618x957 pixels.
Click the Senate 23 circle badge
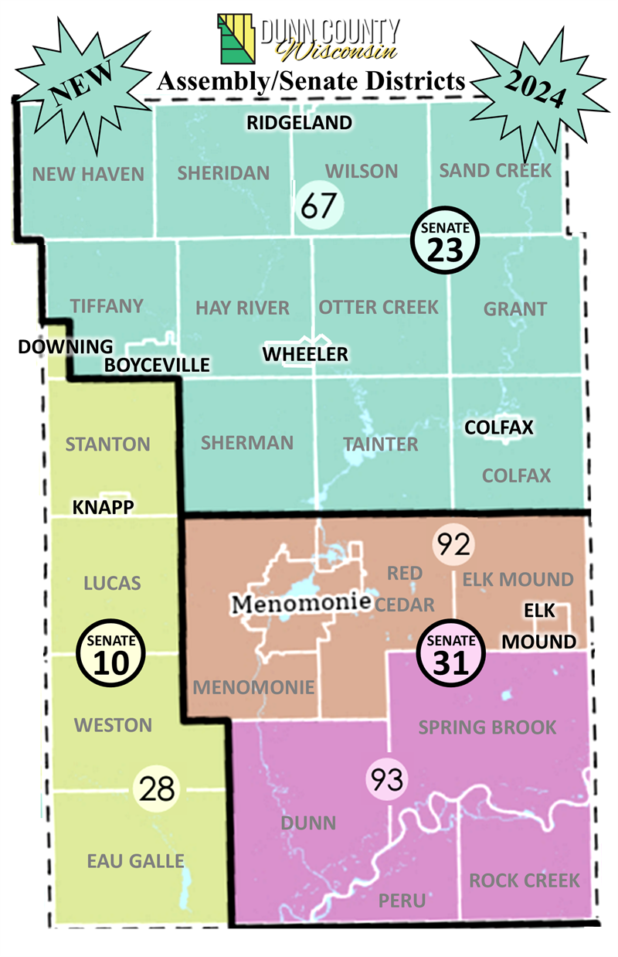(445, 240)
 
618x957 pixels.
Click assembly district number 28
(158, 788)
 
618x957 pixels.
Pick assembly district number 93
(385, 780)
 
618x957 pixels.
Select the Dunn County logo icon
(237, 39)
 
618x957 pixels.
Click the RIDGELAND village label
(299, 122)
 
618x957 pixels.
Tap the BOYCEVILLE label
(157, 365)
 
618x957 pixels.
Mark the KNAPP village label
(104, 507)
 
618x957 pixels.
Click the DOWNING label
(65, 346)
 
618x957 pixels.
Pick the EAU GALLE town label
(134, 860)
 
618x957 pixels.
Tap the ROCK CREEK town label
(525, 880)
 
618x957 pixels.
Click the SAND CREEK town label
(495, 170)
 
